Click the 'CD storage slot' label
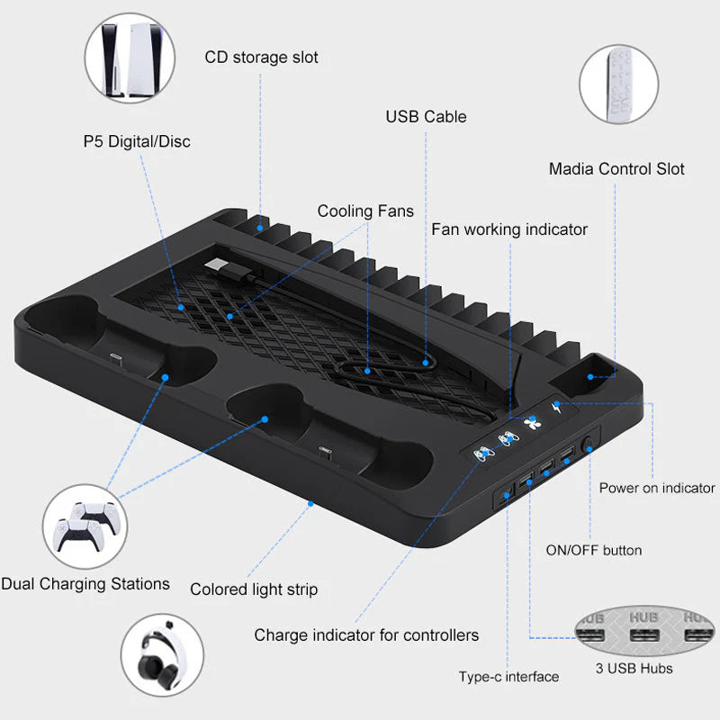pyautogui.click(x=261, y=58)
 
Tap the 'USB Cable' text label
pyautogui.click(x=426, y=117)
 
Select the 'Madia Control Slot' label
pyautogui.click(x=616, y=169)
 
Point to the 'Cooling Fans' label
pyautogui.click(x=365, y=211)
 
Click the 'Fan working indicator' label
pyautogui.click(x=509, y=229)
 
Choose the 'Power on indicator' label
pyautogui.click(x=657, y=488)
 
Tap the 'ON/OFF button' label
pyautogui.click(x=594, y=550)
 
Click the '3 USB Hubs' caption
pyautogui.click(x=634, y=668)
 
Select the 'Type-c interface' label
pyautogui.click(x=508, y=677)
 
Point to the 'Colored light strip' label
pyautogui.click(x=254, y=589)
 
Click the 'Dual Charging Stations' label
pyautogui.click(x=85, y=584)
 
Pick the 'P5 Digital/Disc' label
pyautogui.click(x=137, y=141)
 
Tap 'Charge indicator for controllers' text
pyautogui.click(x=366, y=635)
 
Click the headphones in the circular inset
pyautogui.click(x=161, y=654)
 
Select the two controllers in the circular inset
pyautogui.click(x=85, y=526)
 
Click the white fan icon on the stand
pyautogui.click(x=532, y=422)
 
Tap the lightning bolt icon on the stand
pyautogui.click(x=556, y=407)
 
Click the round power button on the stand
pyautogui.click(x=588, y=445)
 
